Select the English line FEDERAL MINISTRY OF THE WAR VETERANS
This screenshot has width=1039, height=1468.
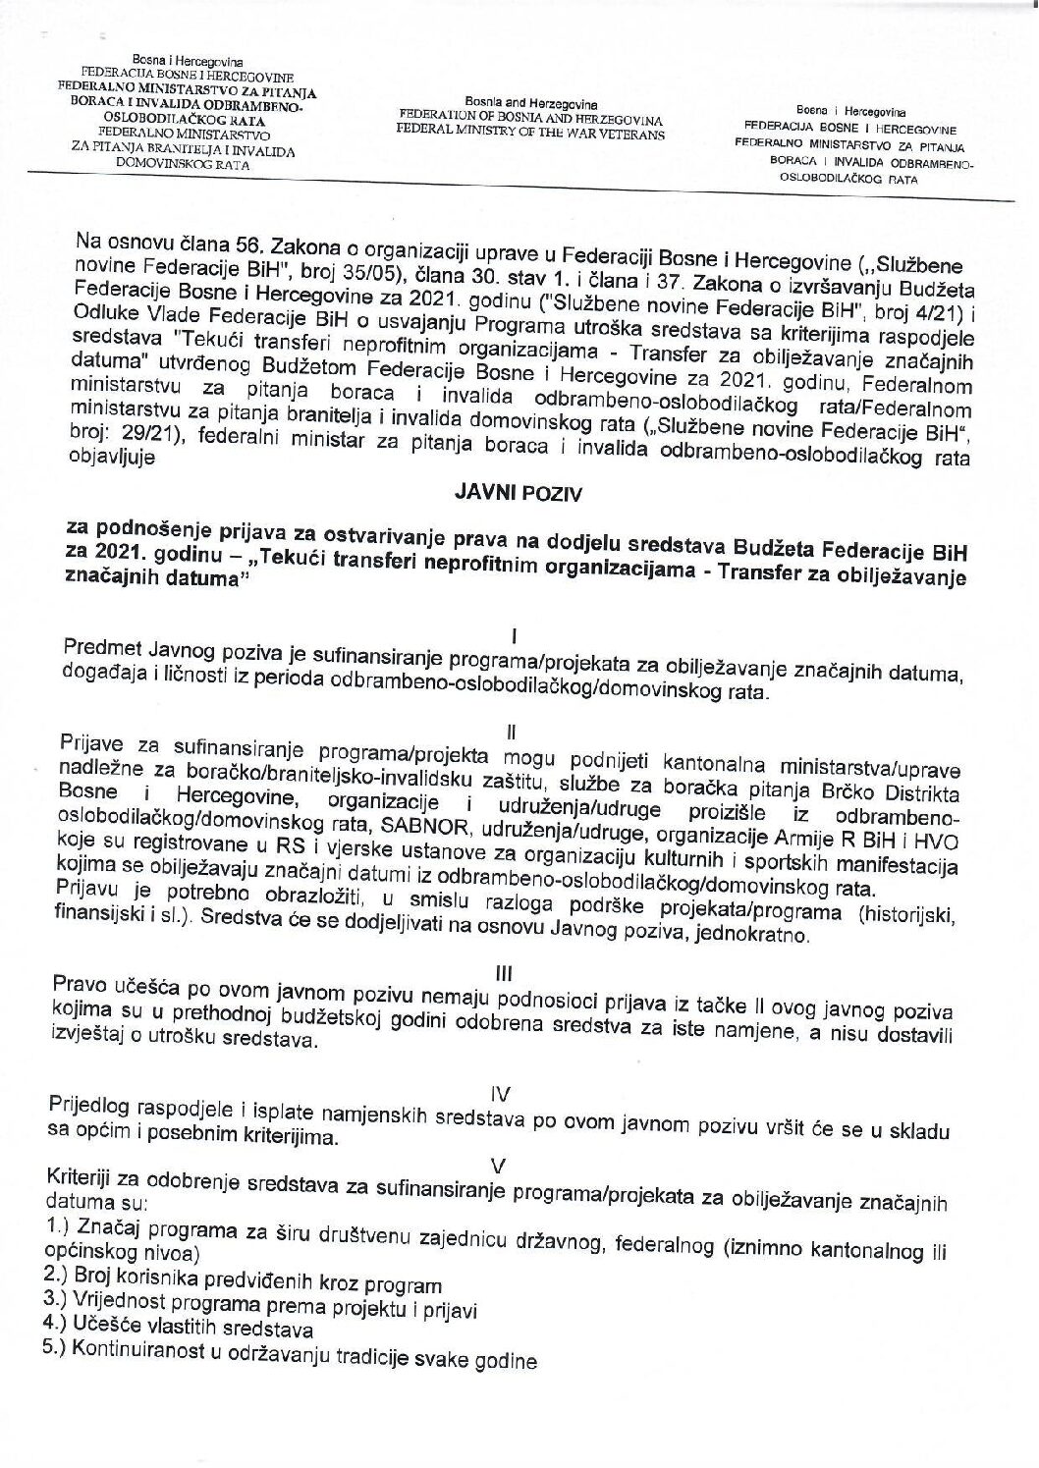click(527, 134)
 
